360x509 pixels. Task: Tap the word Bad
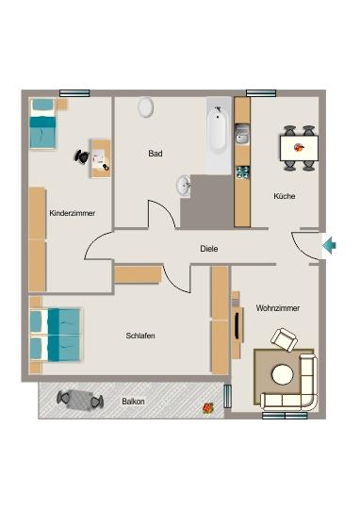click(x=156, y=153)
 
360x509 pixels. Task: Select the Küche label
click(x=284, y=196)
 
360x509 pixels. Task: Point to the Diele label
click(x=209, y=249)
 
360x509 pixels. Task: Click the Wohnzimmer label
click(x=278, y=308)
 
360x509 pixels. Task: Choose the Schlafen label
click(x=140, y=336)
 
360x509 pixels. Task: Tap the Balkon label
click(x=133, y=401)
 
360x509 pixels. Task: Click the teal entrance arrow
click(x=329, y=246)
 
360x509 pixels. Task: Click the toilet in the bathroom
click(x=146, y=107)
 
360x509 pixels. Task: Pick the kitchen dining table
click(x=299, y=147)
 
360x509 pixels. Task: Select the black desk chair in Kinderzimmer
click(x=82, y=158)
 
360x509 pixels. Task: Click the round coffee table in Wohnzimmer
click(x=283, y=375)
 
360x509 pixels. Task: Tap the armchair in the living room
click(x=284, y=338)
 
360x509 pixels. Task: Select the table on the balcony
click(x=79, y=399)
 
